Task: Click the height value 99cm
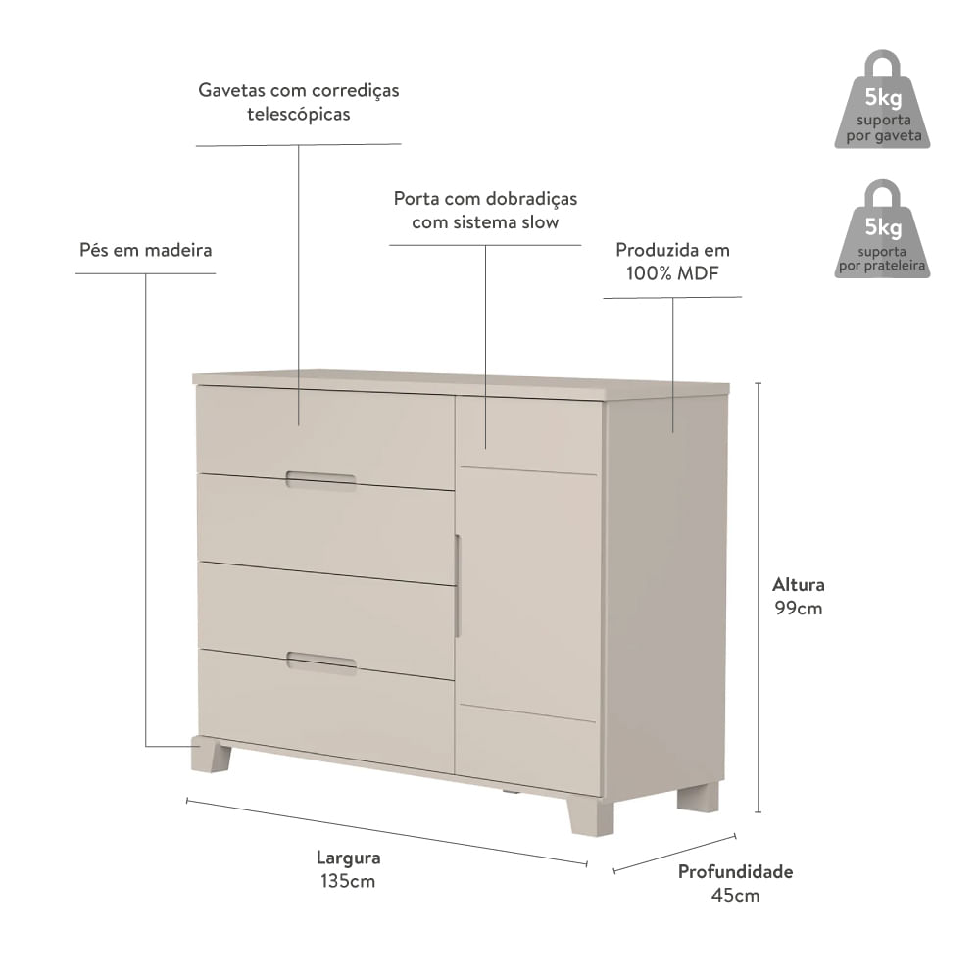click(798, 609)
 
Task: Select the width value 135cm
click(348, 881)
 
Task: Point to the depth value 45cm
click(735, 895)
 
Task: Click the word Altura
click(798, 584)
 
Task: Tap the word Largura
click(348, 857)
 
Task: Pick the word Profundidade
click(735, 871)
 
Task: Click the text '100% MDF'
click(672, 273)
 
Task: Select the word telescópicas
click(298, 115)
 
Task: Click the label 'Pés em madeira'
click(145, 250)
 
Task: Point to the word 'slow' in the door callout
click(539, 221)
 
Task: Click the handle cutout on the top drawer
click(320, 479)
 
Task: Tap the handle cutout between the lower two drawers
click(321, 661)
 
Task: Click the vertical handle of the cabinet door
click(457, 586)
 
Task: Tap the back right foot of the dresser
click(698, 799)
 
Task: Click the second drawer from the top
click(325, 529)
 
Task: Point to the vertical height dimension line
click(759, 598)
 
